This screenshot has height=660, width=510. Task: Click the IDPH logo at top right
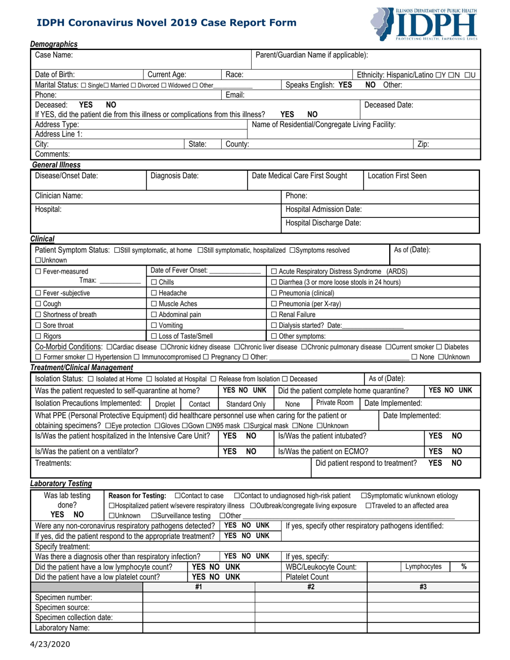424,24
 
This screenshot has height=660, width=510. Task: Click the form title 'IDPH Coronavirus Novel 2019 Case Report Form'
166,23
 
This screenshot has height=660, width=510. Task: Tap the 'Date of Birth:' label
55,75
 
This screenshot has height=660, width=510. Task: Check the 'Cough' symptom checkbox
38,304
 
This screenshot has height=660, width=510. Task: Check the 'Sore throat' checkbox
38,325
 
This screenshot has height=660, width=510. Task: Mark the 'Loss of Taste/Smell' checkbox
154,336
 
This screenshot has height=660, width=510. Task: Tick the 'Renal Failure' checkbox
274,315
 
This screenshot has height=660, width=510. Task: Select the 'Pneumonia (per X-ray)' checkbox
274,304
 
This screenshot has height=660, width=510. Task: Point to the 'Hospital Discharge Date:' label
323,223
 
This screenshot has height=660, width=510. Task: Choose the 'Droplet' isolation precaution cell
165,404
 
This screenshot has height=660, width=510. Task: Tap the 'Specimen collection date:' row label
74,617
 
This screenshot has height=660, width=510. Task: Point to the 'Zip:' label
423,144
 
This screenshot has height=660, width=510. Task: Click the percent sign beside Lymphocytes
463,567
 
